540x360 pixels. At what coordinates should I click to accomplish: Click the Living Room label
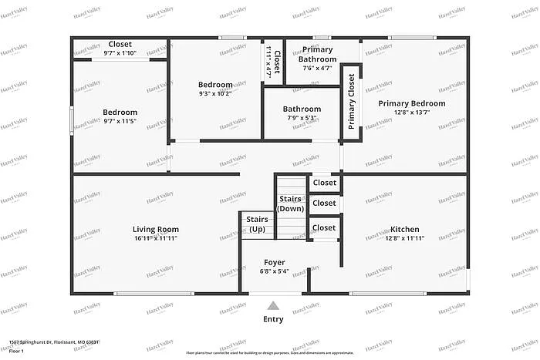point(156,229)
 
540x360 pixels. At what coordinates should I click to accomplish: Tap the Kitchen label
point(404,229)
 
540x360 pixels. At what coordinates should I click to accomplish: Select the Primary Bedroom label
point(411,103)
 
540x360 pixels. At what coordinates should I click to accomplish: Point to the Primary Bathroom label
point(317,54)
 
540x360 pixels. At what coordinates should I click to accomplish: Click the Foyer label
point(275,263)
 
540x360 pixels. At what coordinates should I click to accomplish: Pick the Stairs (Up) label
point(257,224)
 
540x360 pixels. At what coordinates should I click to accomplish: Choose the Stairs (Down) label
point(291,204)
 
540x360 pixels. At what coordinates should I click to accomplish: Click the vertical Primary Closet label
point(351,102)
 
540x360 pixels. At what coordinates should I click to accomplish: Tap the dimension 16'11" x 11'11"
point(156,238)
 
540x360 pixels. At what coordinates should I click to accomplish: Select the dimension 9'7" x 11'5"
point(120,122)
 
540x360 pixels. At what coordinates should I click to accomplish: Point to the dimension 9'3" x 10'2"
point(215,94)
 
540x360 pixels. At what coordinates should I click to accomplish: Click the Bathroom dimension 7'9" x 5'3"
point(302,118)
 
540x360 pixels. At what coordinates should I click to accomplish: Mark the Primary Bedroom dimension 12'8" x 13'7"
point(411,113)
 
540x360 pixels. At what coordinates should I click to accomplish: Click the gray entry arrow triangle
point(273,305)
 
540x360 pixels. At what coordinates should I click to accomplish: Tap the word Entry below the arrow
point(273,319)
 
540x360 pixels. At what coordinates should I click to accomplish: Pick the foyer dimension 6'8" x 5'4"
point(275,271)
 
